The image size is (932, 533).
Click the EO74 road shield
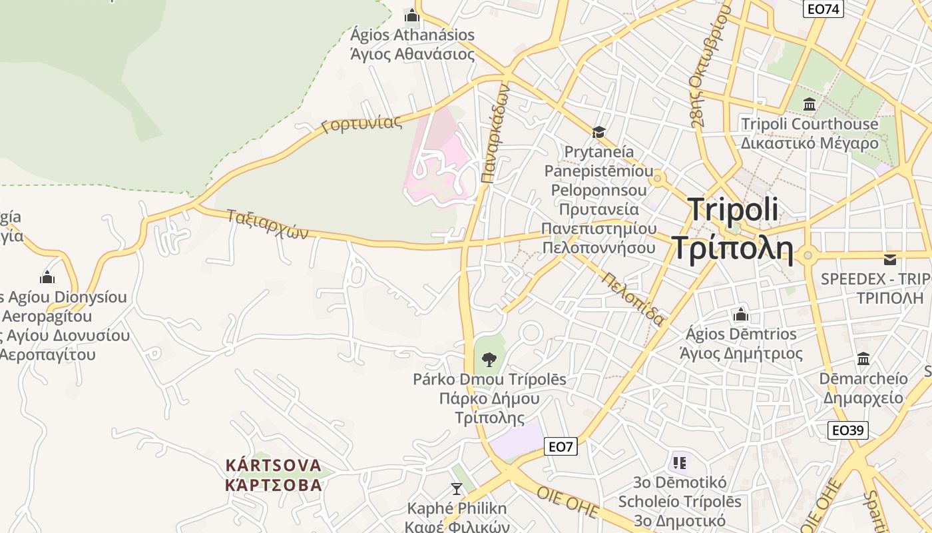point(823,9)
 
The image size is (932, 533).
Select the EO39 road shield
point(848,430)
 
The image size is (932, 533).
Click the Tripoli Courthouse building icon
point(810,105)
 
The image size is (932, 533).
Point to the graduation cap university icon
point(598,132)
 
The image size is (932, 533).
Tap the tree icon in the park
point(489,360)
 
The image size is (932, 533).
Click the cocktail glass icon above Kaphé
point(456,489)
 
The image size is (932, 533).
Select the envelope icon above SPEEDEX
point(890,259)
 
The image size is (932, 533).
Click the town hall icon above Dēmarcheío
point(863,359)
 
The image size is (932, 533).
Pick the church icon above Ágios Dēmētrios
point(740,314)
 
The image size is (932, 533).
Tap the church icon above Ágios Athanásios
point(411,15)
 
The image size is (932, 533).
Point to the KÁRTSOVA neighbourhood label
point(274,465)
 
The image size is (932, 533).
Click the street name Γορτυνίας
point(361,124)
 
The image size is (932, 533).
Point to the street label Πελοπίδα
point(633,299)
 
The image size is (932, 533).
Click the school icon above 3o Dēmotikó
point(679,462)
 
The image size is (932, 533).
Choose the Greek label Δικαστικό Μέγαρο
point(810,143)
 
